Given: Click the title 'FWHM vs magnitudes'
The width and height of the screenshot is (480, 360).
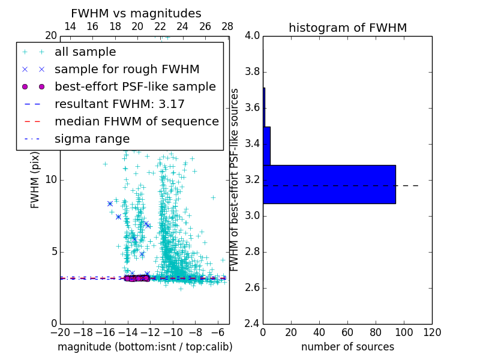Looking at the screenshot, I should pos(136,13).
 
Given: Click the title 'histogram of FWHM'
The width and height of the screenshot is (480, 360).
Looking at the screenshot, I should pos(347,28).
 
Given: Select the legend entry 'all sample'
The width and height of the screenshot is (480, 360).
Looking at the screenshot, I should pos(85,52).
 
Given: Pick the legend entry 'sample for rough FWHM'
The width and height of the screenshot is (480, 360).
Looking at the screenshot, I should pos(127,69).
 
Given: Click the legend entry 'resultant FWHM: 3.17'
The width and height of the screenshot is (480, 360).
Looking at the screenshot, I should pos(119,104).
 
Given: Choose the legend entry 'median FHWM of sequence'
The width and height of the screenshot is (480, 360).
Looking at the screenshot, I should pos(136,121).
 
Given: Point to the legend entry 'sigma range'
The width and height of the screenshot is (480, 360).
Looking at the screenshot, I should pos(92,139).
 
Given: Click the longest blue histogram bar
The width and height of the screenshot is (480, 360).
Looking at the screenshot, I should pos(329,184).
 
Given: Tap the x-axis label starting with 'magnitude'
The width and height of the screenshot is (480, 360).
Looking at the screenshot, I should pos(145,347).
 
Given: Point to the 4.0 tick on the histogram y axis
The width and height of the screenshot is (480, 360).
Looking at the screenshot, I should pos(253,36).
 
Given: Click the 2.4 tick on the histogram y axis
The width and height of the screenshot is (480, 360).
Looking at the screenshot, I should pos(253,323).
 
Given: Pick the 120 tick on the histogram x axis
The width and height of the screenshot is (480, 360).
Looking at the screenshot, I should pos(432,332).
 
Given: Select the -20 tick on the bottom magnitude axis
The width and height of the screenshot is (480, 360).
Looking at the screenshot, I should pos(60,332).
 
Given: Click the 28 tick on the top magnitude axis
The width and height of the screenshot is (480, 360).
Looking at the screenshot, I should pos(227,26).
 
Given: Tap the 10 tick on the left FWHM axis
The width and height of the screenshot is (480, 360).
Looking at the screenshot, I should pos(51,179).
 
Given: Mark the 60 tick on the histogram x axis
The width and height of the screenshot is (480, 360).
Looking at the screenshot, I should pos(347,332).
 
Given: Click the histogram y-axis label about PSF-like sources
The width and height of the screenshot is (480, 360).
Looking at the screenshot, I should pos(235,179).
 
